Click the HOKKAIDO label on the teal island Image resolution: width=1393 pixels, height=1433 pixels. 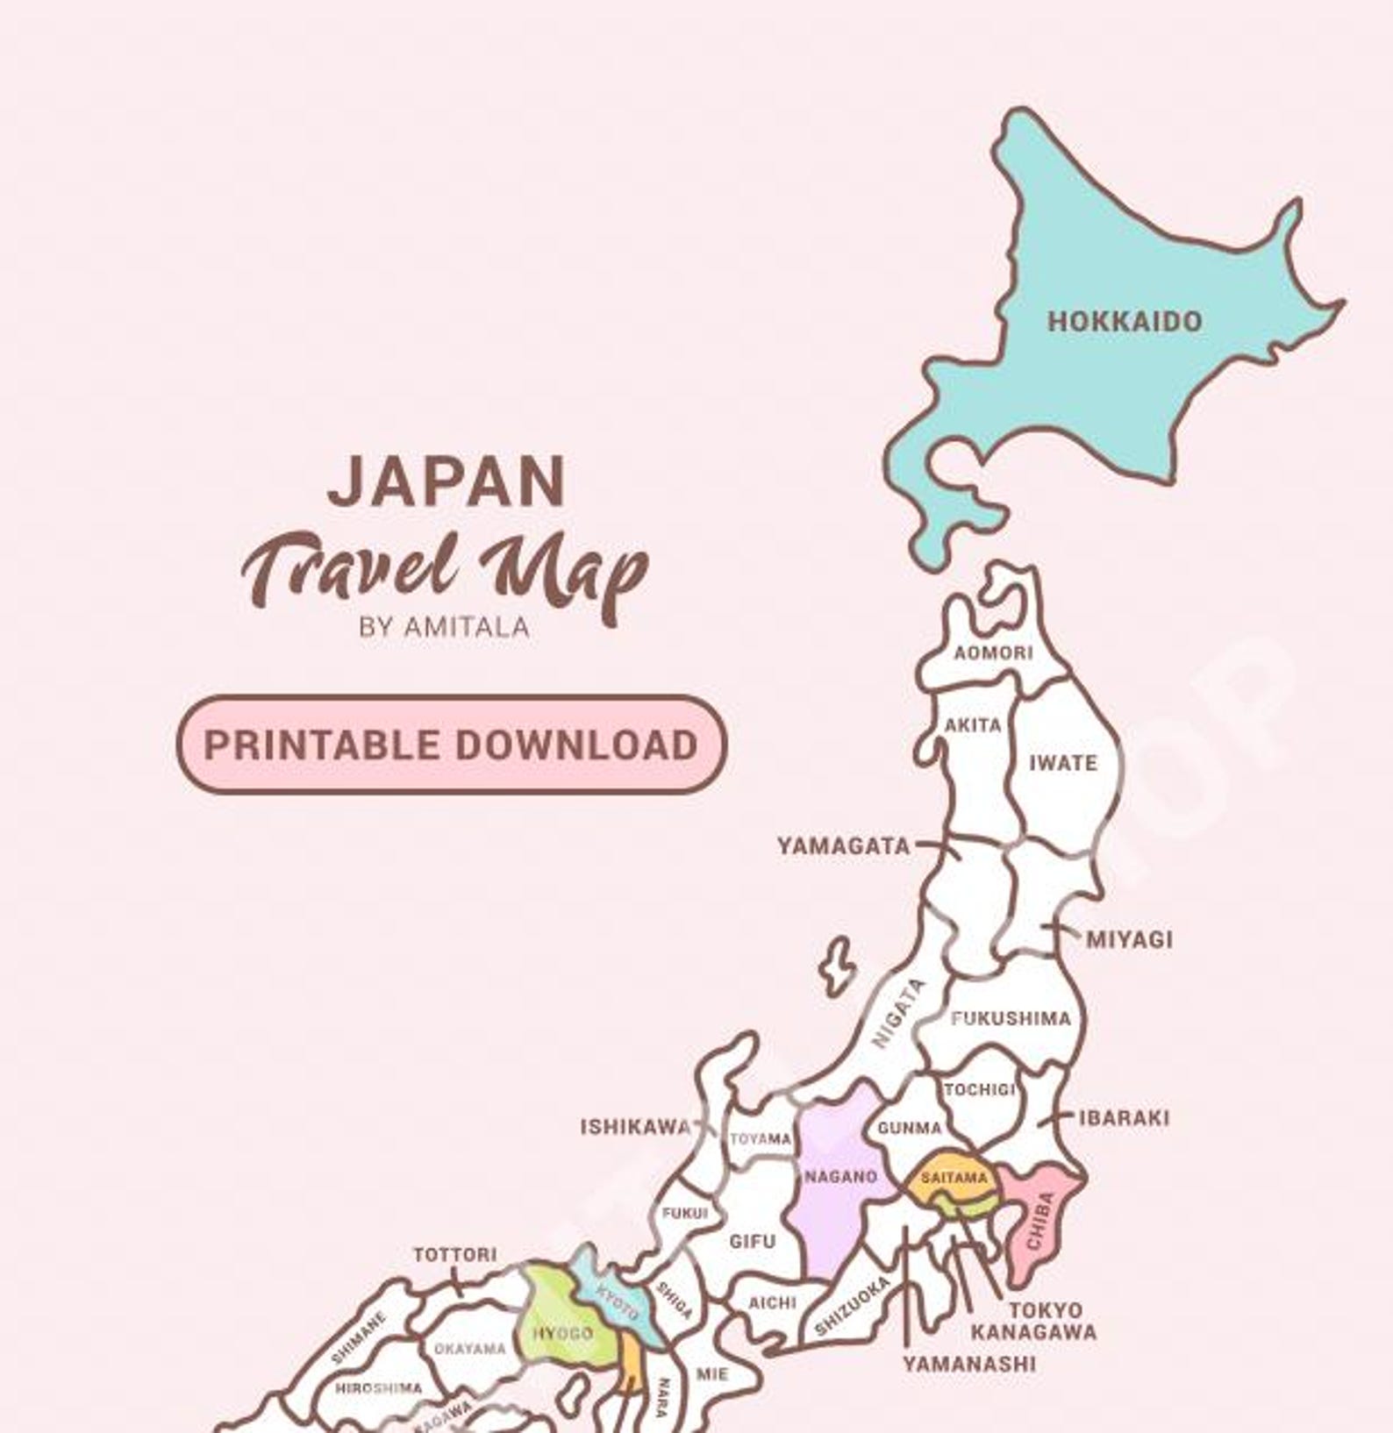(x=1124, y=321)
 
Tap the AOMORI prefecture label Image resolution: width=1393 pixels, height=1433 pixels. (x=993, y=652)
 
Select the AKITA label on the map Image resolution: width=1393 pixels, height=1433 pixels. (x=973, y=725)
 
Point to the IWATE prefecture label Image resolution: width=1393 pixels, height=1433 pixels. (x=1062, y=763)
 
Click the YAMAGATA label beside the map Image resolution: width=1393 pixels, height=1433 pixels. (x=843, y=846)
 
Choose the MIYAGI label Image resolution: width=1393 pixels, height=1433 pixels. (x=1129, y=939)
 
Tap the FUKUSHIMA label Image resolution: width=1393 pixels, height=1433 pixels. (x=1011, y=1018)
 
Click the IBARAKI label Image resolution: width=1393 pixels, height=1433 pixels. (x=1123, y=1118)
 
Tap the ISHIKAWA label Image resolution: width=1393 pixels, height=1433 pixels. (x=635, y=1127)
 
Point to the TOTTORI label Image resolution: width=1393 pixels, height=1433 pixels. (x=454, y=1255)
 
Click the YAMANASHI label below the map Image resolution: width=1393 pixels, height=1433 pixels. (x=969, y=1364)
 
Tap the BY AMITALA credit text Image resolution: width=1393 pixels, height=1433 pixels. (x=444, y=627)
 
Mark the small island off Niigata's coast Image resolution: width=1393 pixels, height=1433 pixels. (x=838, y=966)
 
